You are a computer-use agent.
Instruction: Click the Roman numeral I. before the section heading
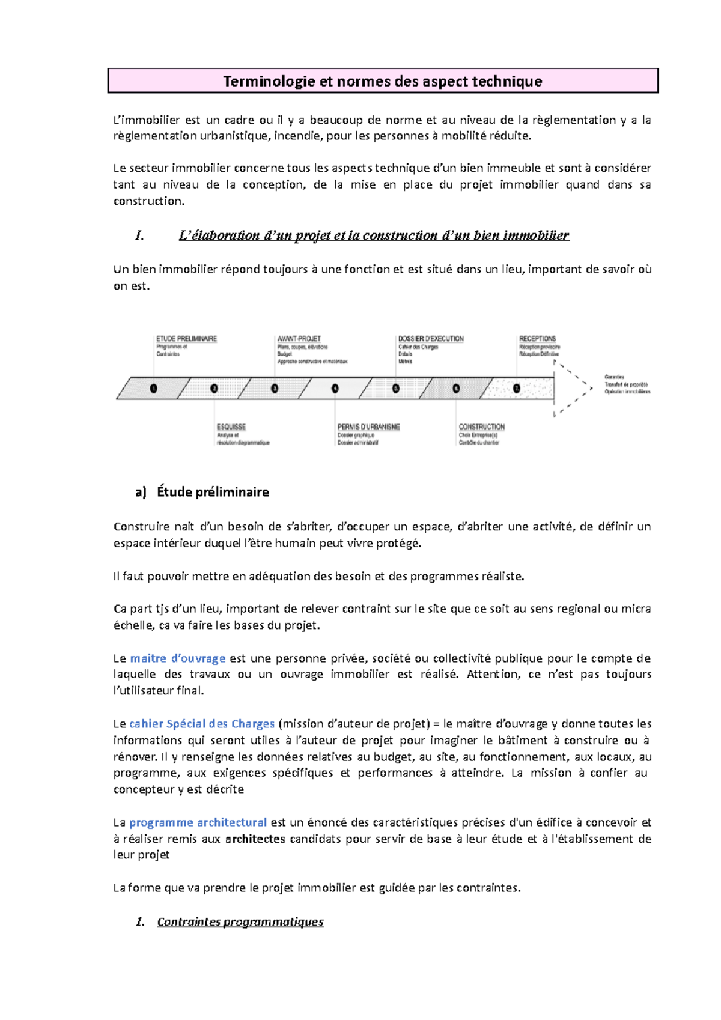(x=140, y=236)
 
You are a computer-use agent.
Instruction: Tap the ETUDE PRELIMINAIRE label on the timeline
(x=186, y=339)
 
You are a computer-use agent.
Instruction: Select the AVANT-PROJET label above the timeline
(x=299, y=339)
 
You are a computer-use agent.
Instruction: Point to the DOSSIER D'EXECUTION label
(x=431, y=339)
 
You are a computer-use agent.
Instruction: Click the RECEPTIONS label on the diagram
(x=537, y=339)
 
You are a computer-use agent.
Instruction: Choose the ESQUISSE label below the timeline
(x=231, y=427)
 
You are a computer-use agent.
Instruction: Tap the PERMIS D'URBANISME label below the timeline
(x=368, y=427)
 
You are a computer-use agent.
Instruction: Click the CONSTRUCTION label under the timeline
(x=481, y=427)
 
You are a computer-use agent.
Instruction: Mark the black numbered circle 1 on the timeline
(x=154, y=389)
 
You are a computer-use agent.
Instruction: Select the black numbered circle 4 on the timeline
(x=335, y=389)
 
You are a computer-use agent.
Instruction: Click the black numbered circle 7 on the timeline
(x=517, y=389)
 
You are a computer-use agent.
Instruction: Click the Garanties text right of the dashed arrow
(x=614, y=377)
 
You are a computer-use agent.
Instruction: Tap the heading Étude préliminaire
(x=213, y=493)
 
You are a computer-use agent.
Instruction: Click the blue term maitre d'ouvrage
(x=178, y=658)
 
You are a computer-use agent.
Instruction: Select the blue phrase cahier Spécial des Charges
(x=202, y=724)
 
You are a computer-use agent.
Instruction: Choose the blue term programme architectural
(x=198, y=822)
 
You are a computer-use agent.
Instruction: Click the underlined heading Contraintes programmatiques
(x=240, y=922)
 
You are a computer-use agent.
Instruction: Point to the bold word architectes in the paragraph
(x=255, y=839)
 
